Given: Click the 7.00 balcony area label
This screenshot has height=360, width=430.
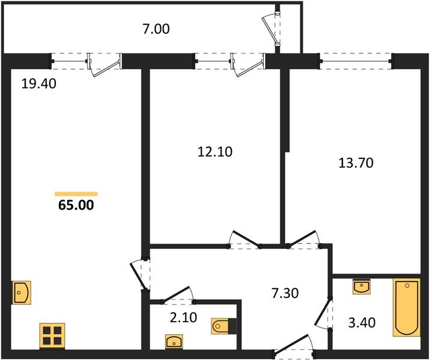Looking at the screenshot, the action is click(156, 29).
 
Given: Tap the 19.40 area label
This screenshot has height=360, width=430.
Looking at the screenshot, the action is click(38, 83).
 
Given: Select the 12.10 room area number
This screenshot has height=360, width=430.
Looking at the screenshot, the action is click(215, 152).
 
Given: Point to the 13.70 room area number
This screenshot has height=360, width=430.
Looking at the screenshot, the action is click(356, 163).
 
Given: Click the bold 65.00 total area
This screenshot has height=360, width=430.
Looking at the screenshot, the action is click(76, 205).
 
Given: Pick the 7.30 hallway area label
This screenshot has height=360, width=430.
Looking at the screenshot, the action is click(285, 293).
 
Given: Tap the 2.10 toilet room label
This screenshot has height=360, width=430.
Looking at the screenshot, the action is click(183, 317).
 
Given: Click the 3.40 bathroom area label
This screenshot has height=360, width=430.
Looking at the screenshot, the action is click(362, 323).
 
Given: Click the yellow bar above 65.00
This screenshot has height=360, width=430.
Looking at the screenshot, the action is click(76, 194).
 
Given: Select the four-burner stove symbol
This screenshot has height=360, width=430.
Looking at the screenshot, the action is click(52, 336).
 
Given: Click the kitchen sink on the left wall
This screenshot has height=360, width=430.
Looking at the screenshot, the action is click(22, 293).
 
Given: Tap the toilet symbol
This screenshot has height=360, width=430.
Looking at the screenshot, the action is click(224, 326).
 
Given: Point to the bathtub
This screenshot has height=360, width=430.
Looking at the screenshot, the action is click(407, 307).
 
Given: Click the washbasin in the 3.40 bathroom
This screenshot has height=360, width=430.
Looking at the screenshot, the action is click(362, 287).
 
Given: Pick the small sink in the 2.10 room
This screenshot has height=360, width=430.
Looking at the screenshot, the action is click(174, 341).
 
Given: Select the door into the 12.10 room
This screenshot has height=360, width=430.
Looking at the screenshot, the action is click(244, 240).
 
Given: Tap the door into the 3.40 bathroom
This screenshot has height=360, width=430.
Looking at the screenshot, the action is click(324, 314).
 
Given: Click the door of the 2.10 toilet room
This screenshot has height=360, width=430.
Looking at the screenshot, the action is click(178, 295).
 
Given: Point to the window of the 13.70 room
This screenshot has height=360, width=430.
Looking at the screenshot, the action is click(356, 61).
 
